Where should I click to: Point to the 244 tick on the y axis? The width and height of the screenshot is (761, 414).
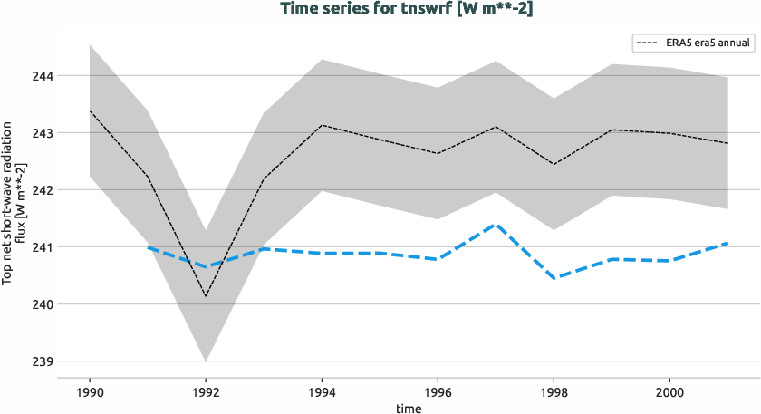click(43, 76)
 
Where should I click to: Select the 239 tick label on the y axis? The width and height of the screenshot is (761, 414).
click(43, 361)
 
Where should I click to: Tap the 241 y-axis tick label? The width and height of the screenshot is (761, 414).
click(43, 247)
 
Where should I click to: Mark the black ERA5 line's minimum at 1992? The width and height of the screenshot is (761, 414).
click(206, 295)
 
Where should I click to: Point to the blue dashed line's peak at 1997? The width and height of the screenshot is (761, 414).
click(496, 225)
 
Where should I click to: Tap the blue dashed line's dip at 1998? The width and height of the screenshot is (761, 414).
click(554, 278)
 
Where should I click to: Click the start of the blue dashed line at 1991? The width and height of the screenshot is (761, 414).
click(148, 247)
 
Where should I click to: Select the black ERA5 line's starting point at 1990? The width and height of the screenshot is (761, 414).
click(90, 111)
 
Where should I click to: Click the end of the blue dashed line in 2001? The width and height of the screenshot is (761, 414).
click(727, 243)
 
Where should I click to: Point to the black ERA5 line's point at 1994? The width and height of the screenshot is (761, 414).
click(322, 125)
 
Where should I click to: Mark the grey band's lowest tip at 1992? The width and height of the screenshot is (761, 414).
click(206, 361)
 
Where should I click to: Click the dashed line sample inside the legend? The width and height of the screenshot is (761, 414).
click(649, 43)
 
